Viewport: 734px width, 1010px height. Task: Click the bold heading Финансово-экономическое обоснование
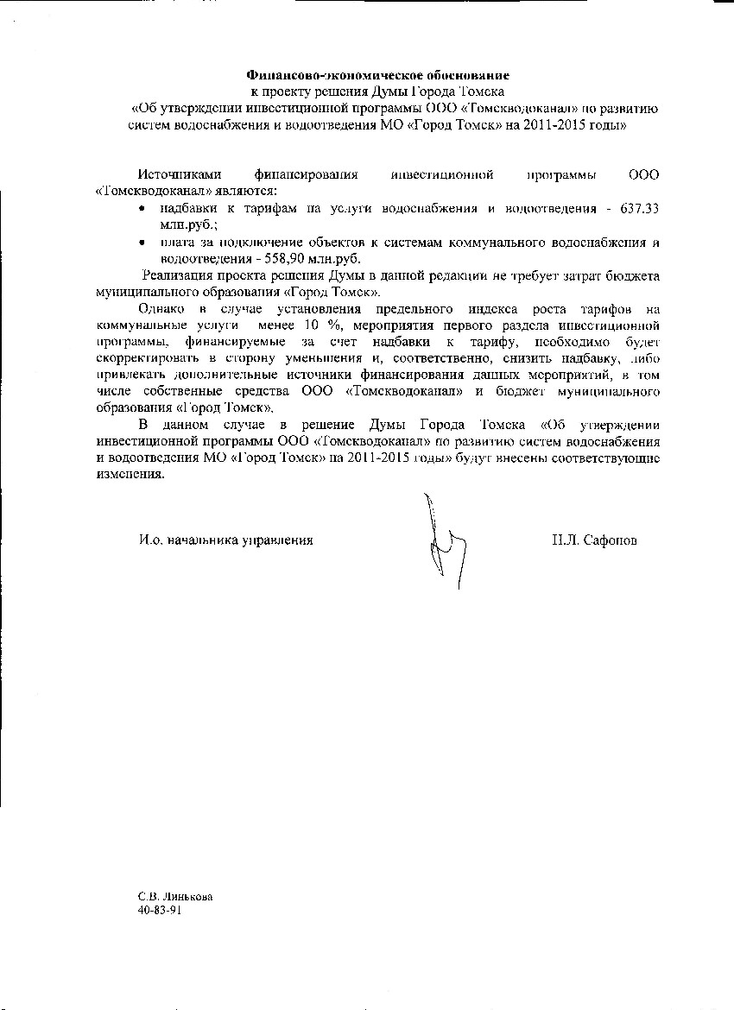[x=378, y=75]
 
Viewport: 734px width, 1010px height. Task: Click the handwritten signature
[x=443, y=540]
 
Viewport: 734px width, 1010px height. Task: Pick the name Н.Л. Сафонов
[x=596, y=540]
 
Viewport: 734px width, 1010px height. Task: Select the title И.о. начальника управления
[x=226, y=540]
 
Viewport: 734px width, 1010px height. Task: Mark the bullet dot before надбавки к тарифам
[x=142, y=210]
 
